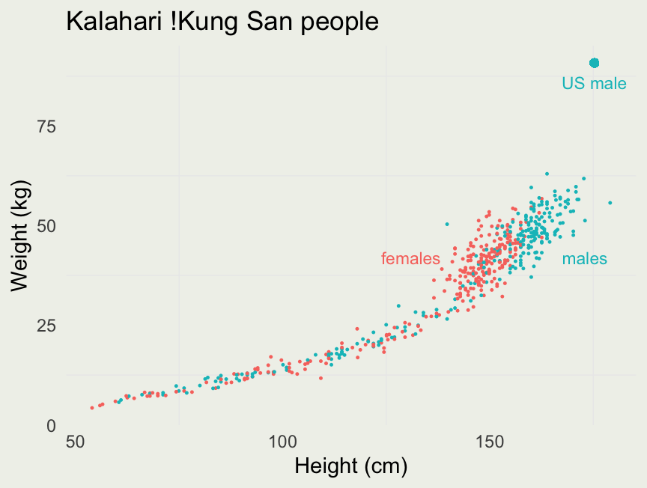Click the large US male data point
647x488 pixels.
tap(594, 64)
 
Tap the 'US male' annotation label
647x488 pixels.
tap(594, 84)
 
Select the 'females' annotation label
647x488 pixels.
tap(410, 259)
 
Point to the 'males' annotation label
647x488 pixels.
tap(584, 259)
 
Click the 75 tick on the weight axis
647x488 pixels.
tap(47, 126)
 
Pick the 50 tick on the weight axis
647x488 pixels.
tap(47, 226)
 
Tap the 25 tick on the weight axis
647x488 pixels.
tap(47, 326)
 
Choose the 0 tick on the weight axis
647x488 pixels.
tap(52, 425)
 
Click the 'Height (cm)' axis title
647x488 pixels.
tap(350, 466)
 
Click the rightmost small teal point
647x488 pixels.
tap(610, 203)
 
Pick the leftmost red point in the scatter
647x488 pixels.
tap(92, 408)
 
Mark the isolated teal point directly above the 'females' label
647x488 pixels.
tap(447, 224)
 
